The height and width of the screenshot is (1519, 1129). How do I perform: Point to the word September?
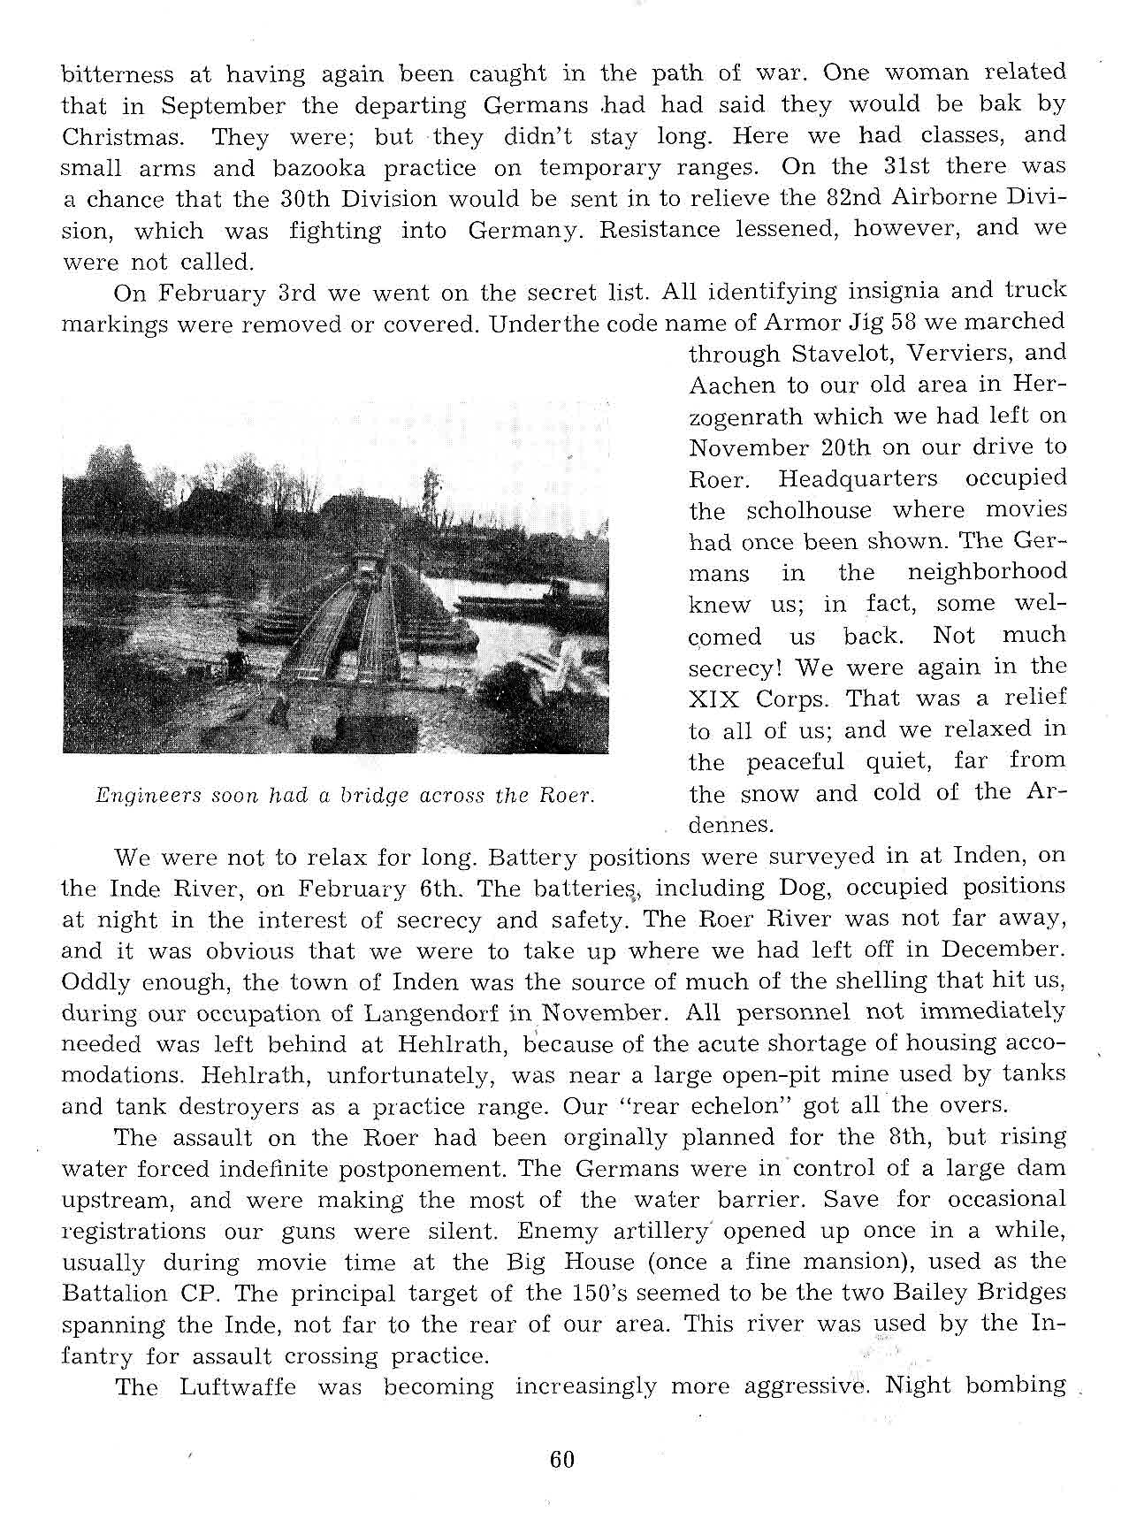225,106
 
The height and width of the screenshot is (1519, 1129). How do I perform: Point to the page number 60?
561,1459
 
